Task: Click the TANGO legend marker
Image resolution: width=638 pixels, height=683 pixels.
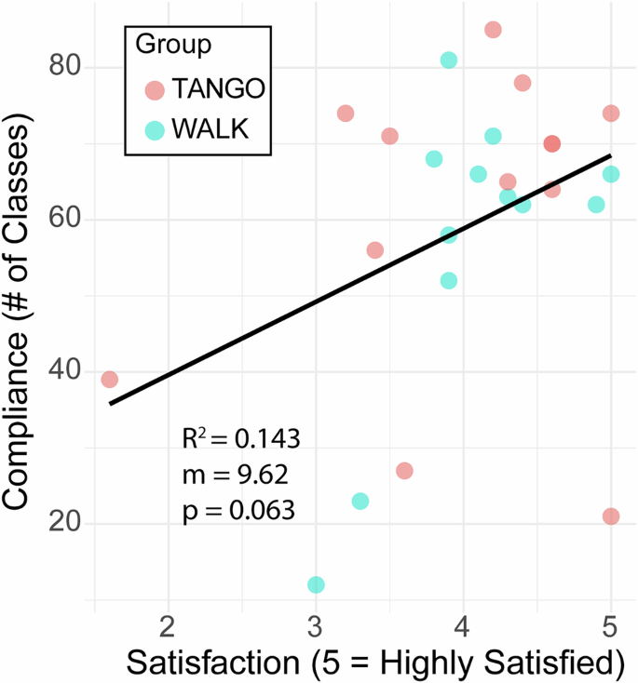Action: tap(155, 89)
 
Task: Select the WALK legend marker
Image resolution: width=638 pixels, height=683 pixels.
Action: tap(155, 129)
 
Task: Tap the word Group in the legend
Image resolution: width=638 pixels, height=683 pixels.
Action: tap(172, 44)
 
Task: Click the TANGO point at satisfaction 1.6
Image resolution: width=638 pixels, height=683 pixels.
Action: tap(109, 380)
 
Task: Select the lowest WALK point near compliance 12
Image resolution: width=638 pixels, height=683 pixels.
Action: tap(316, 584)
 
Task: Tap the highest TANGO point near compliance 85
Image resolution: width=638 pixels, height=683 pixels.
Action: tap(493, 30)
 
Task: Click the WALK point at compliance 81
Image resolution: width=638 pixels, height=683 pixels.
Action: tap(449, 60)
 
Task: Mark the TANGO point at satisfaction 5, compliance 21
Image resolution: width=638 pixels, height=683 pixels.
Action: tap(611, 516)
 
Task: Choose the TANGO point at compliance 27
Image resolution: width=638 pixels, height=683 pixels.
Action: tap(404, 471)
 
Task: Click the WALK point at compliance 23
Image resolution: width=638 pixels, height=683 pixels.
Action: tap(360, 502)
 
